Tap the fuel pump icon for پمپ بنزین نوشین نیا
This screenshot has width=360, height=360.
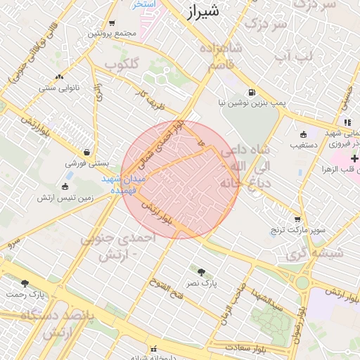coord(252,92)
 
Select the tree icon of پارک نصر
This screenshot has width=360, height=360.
coord(202,271)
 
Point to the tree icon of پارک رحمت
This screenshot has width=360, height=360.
coord(25,283)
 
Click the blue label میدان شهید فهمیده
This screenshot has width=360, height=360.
coord(123,184)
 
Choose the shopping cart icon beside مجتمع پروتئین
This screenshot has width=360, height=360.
coord(112,23)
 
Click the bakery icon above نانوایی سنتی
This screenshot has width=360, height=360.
coord(58,77)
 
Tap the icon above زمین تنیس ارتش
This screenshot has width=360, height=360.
coord(65,187)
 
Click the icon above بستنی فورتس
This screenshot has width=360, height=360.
coord(86,152)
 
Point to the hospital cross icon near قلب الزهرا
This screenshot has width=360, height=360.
coord(354,159)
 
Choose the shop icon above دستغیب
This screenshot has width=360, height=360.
coord(303,134)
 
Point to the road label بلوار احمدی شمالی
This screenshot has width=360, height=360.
coord(160,145)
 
